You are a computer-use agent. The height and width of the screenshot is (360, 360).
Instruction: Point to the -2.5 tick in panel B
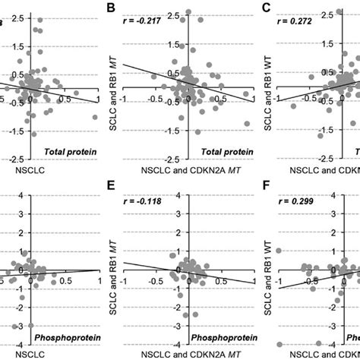point(175,158)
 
